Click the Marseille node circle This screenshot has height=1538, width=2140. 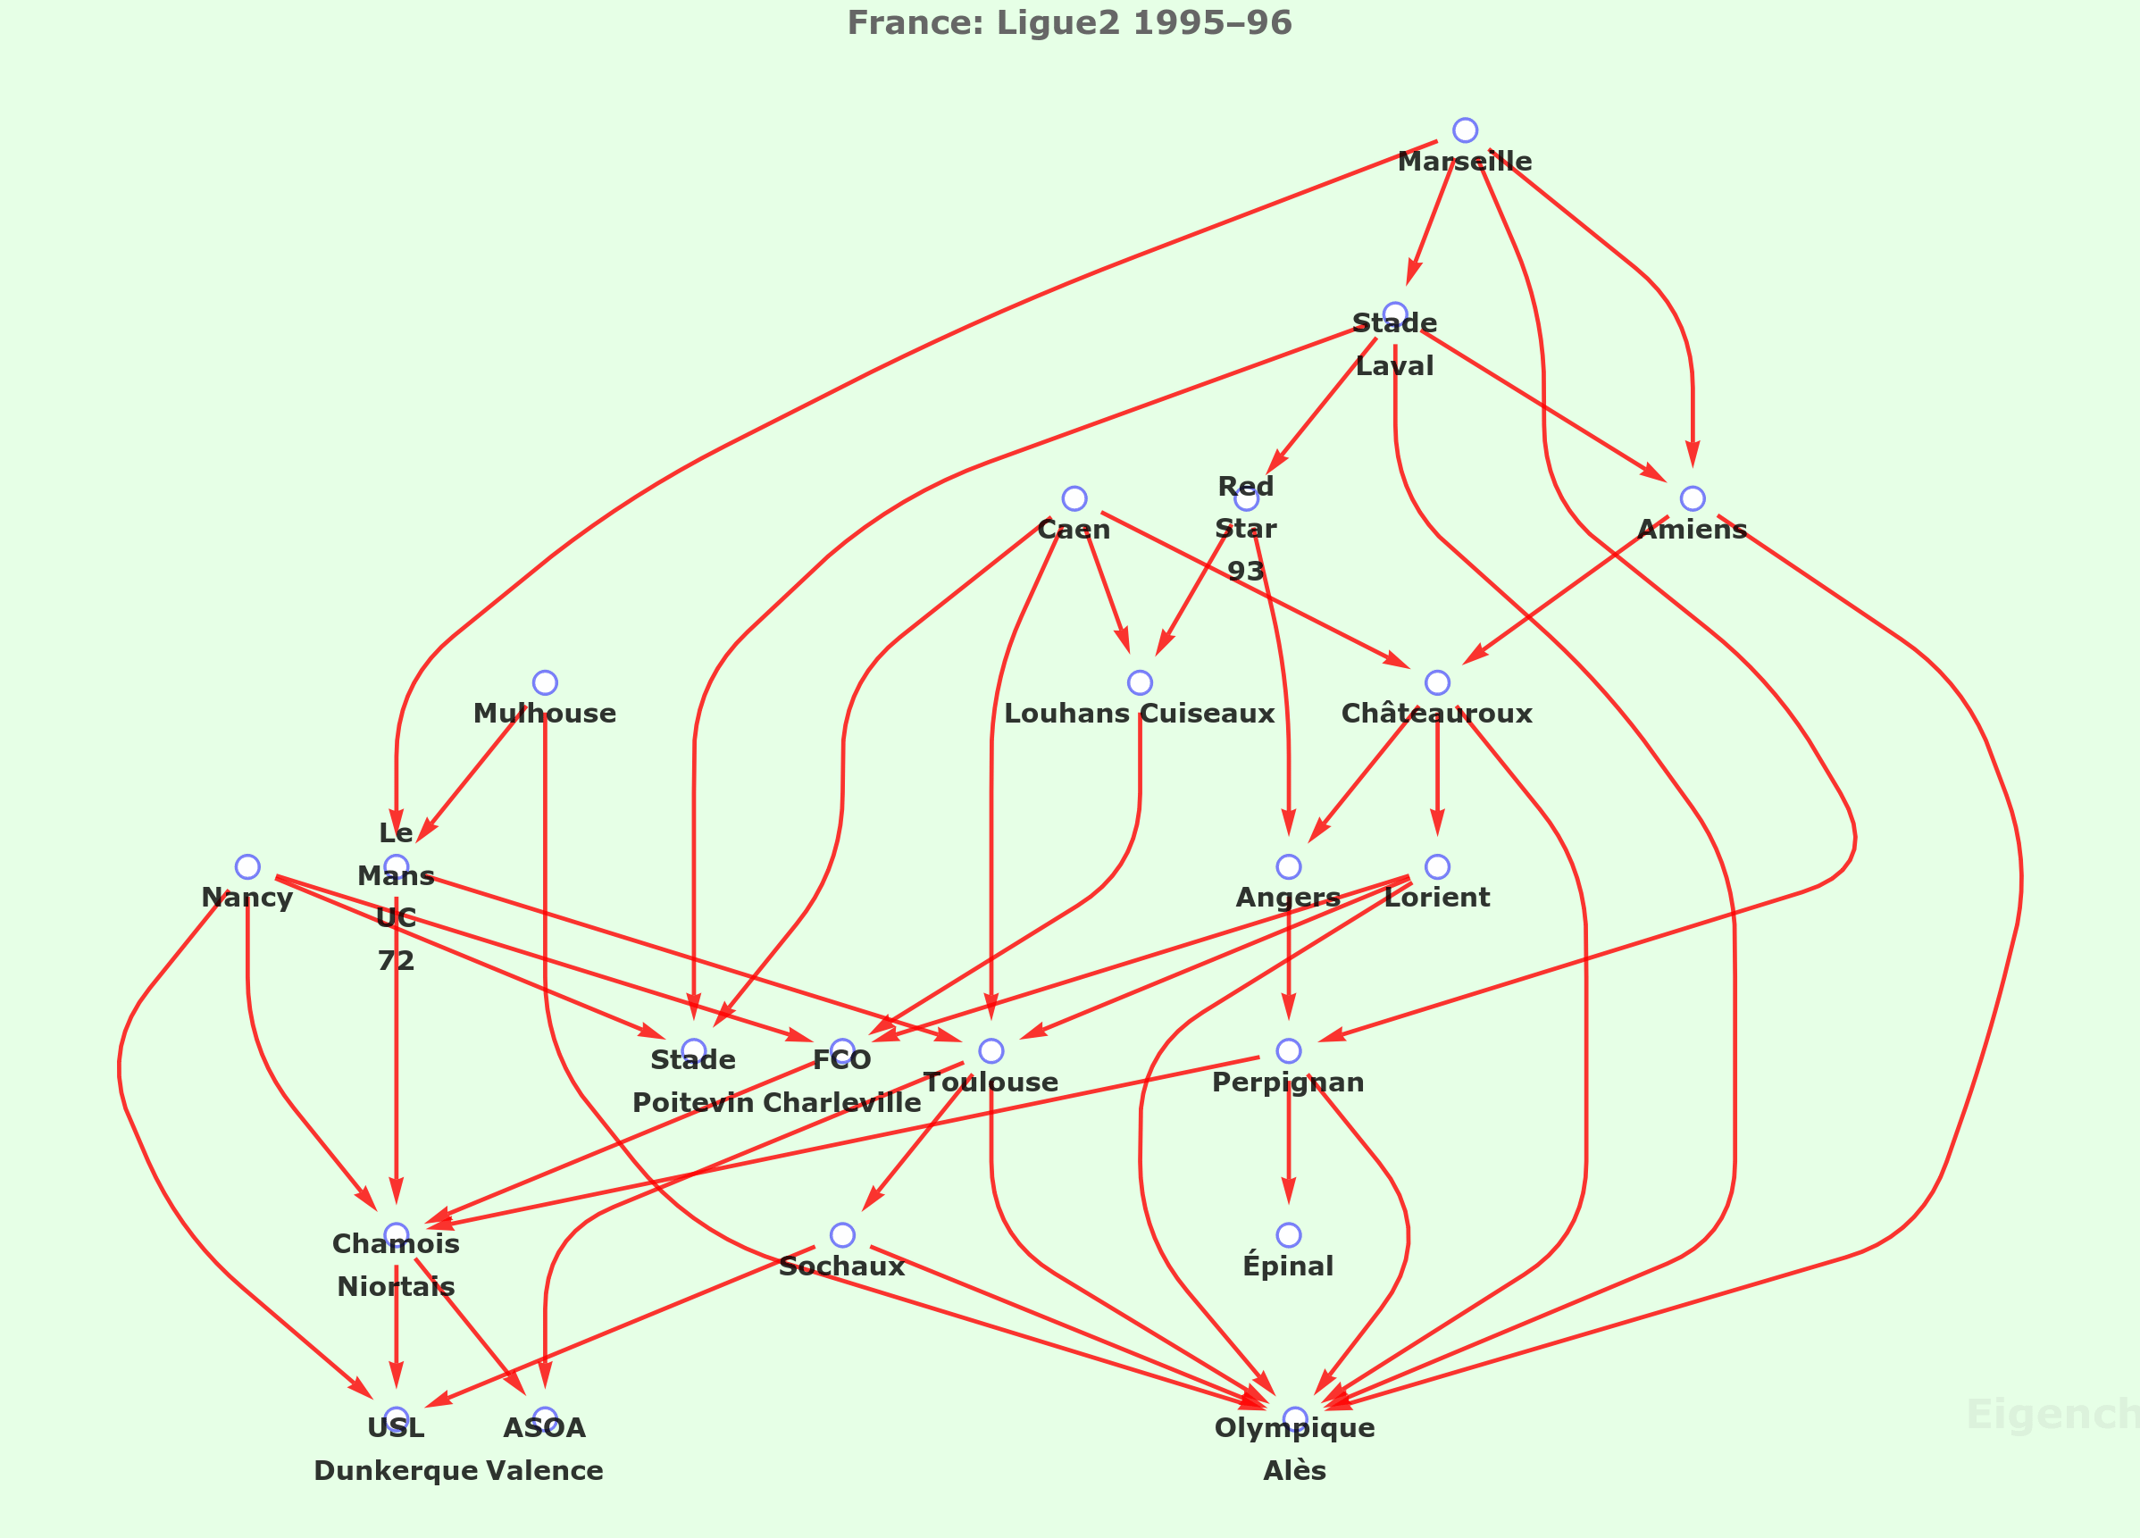pos(1465,130)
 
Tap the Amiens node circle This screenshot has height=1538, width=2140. pos(1693,498)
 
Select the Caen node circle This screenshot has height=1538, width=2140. pos(1074,498)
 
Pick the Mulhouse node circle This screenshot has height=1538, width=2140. pos(545,682)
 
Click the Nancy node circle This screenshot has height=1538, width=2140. pos(247,866)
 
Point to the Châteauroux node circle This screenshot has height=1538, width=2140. pos(1437,682)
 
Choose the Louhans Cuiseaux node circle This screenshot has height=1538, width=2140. pos(1140,682)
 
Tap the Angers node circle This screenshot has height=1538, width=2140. pos(1288,866)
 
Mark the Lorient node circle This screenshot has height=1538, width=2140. pos(1437,866)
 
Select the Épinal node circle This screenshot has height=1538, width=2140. pos(1288,1235)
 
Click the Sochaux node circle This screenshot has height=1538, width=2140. pos(842,1235)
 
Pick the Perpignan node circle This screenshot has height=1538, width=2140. pos(1288,1051)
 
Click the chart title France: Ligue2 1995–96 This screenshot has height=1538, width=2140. pos(1069,22)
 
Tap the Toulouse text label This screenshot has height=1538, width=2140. pos(991,1082)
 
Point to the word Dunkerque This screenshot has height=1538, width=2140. pos(397,1471)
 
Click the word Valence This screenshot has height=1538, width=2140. pos(545,1471)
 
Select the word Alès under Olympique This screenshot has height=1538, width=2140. pos(1294,1471)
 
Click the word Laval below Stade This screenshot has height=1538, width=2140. pos(1394,366)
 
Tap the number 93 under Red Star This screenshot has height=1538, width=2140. pos(1245,571)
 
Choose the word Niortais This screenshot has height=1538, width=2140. pos(397,1287)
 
